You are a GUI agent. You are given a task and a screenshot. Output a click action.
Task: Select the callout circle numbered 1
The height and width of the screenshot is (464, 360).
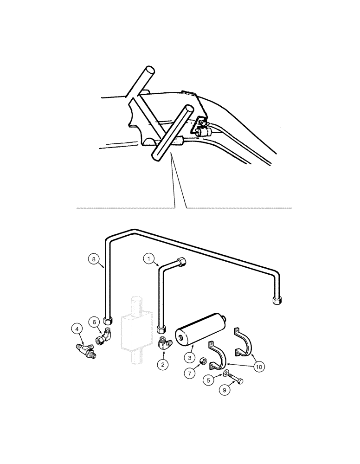click(149, 258)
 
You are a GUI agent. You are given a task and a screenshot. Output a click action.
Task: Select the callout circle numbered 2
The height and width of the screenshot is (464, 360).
click(162, 365)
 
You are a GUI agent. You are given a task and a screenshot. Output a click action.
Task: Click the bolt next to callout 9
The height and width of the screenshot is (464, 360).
click(236, 379)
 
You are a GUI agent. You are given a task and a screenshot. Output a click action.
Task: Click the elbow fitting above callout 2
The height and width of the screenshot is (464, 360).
click(164, 344)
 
